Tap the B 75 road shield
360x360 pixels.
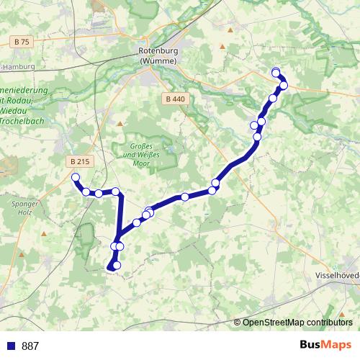pos(22,42)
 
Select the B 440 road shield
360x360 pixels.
pos(174,99)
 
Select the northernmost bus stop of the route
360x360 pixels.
pos(276,71)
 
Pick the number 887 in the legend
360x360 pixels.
pos(30,346)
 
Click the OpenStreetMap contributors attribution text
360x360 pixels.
pos(297,322)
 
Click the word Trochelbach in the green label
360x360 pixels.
pos(23,122)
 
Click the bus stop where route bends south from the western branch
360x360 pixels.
pos(115,192)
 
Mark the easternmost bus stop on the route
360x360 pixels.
pos(284,85)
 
